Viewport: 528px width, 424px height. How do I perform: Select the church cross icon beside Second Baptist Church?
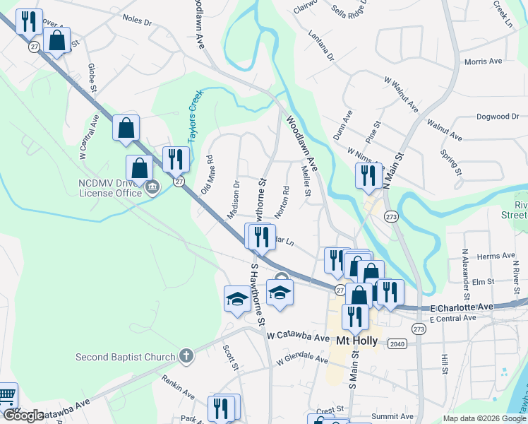(x=186, y=355)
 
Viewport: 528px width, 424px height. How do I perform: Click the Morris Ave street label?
(x=483, y=61)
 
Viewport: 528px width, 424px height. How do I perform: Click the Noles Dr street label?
(x=137, y=22)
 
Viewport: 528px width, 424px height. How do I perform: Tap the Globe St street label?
(x=92, y=77)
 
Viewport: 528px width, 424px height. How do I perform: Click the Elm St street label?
(x=483, y=281)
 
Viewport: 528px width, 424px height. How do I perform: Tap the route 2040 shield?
(x=398, y=343)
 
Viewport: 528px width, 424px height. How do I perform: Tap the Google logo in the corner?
(x=23, y=416)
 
